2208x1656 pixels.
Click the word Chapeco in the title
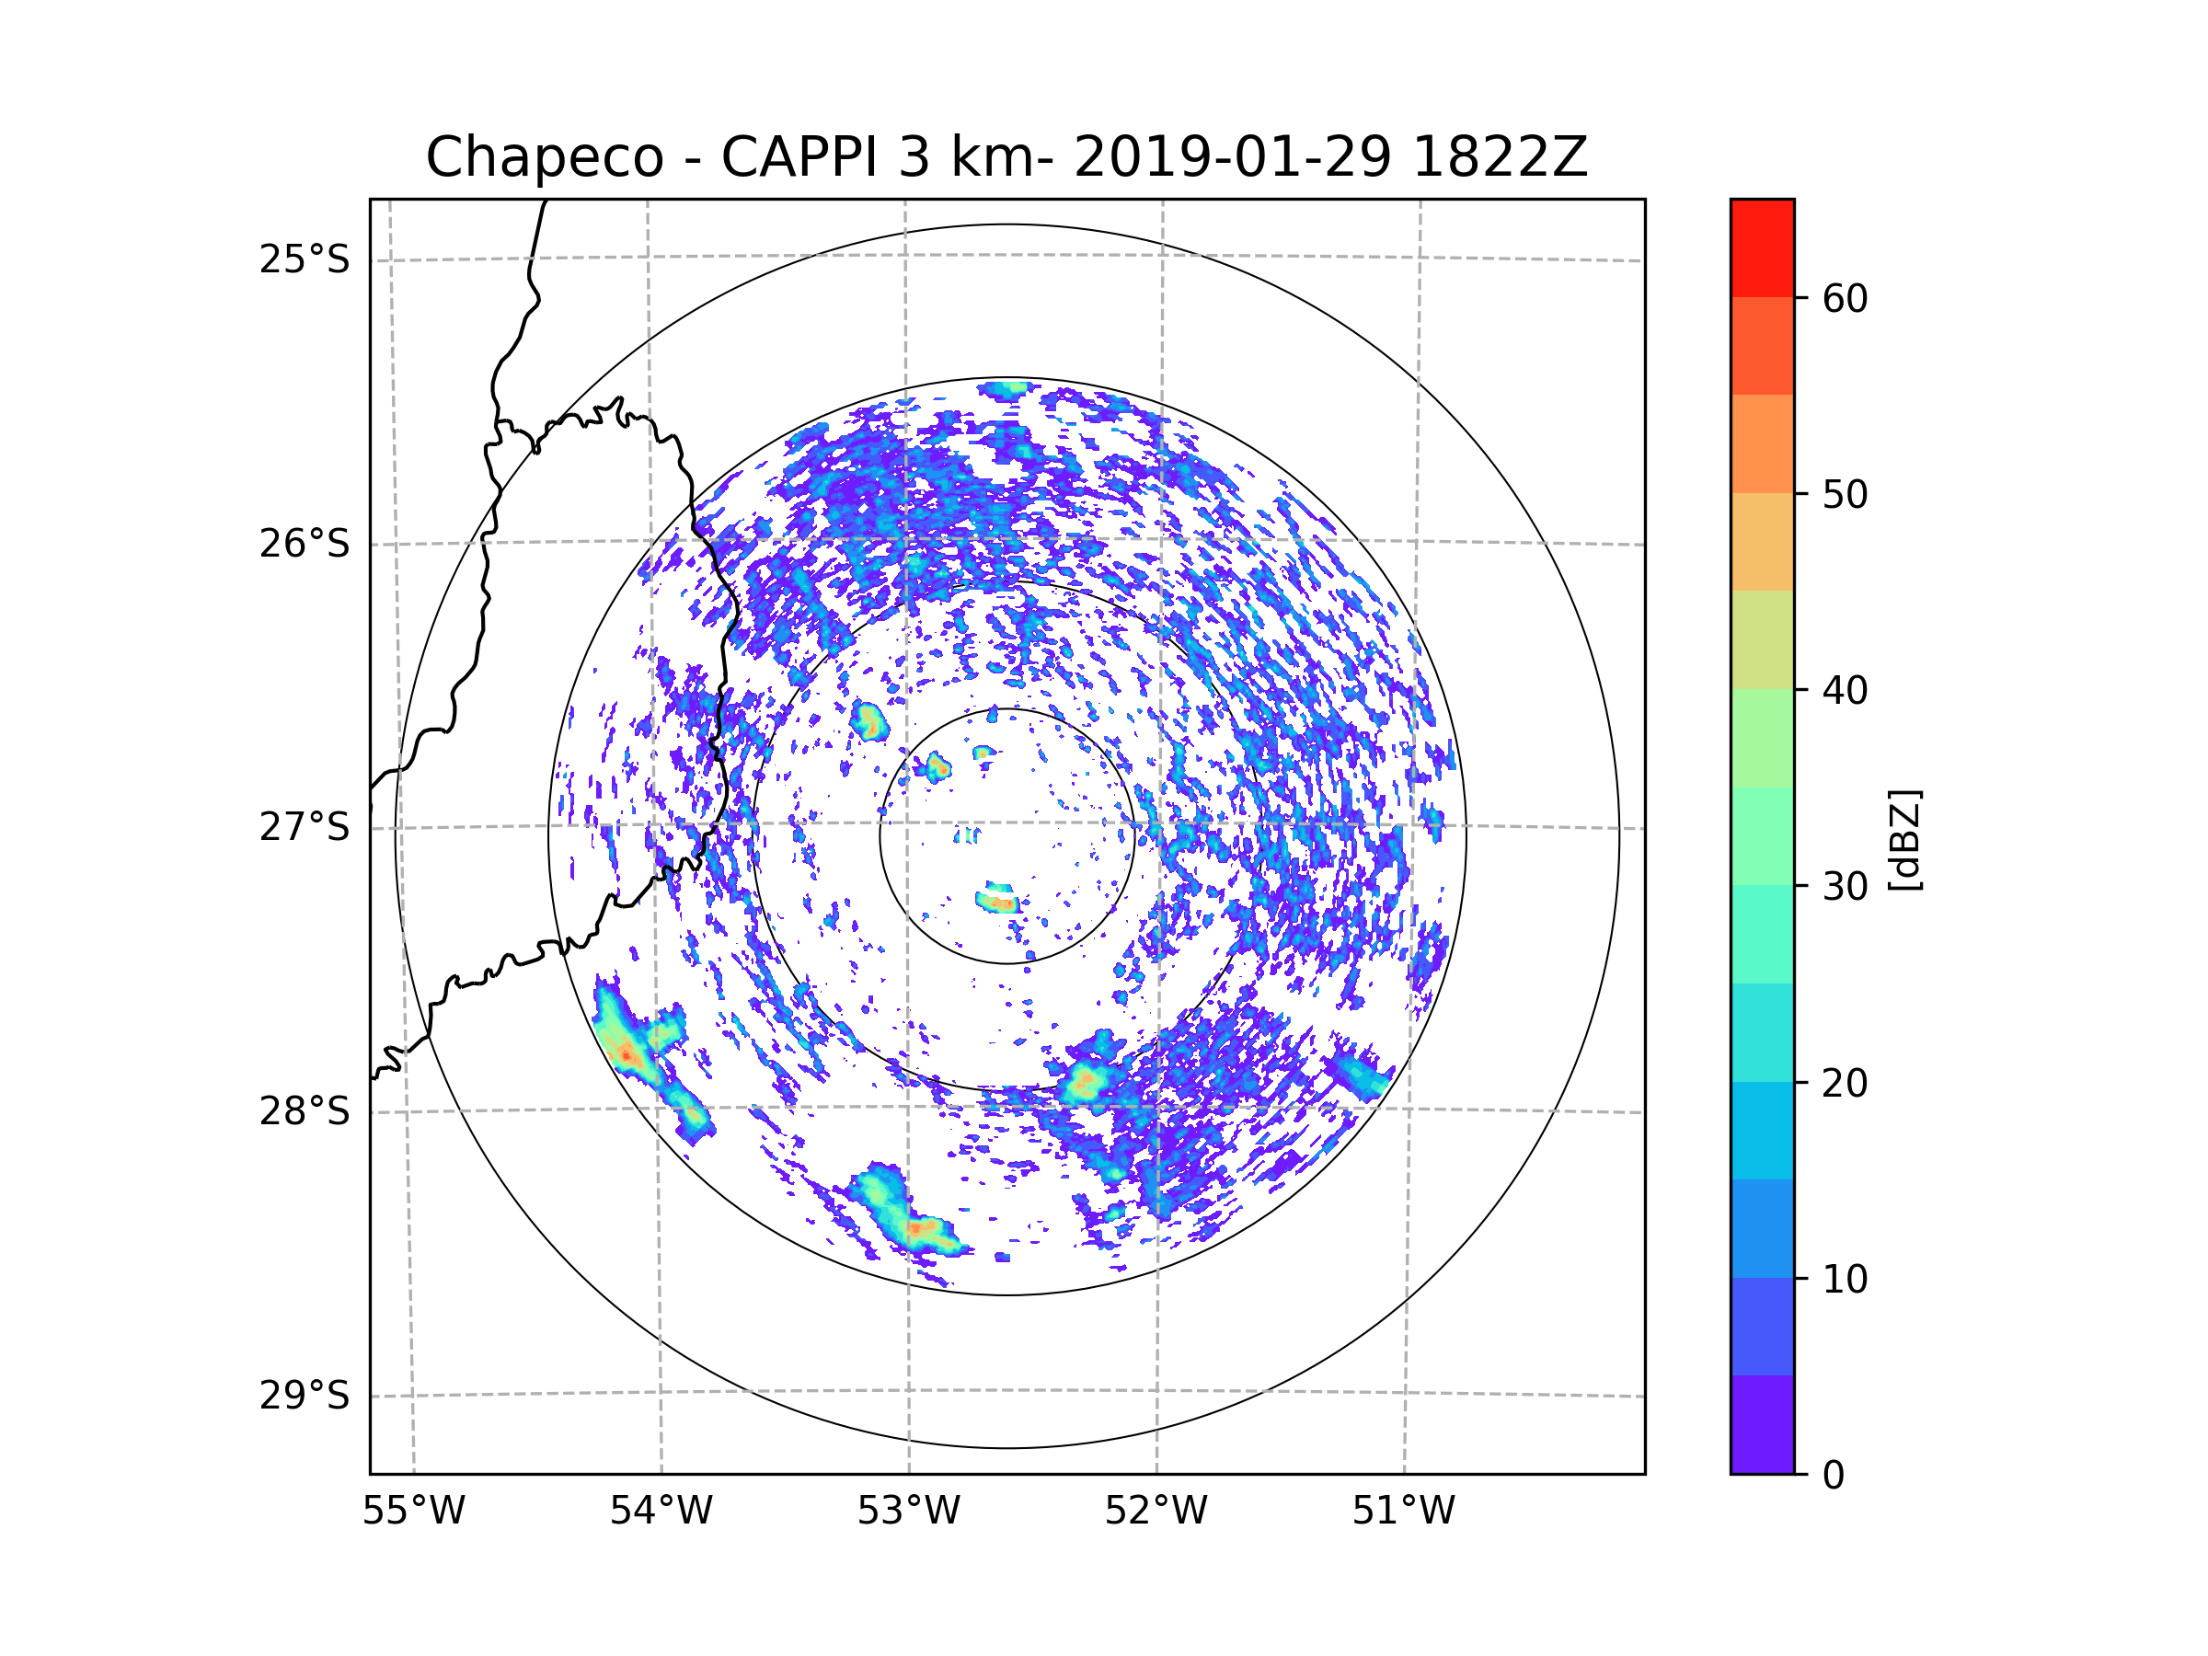(x=544, y=157)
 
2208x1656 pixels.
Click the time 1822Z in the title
(x=1500, y=157)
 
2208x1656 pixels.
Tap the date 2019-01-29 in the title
(x=1232, y=157)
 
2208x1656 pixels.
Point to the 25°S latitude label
(x=305, y=259)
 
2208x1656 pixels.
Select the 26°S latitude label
(x=305, y=544)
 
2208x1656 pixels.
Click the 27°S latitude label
(x=305, y=827)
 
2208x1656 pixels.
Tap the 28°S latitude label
(x=305, y=1111)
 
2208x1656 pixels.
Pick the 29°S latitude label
(x=305, y=1396)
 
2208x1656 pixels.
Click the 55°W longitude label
(x=413, y=1512)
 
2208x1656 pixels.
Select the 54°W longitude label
(x=661, y=1512)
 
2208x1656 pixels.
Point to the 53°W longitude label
(x=908, y=1512)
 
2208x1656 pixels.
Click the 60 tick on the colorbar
(x=1845, y=298)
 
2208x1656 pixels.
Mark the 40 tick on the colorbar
(x=1845, y=691)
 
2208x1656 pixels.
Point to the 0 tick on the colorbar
(x=1834, y=1476)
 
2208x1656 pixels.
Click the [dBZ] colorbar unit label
(x=1904, y=839)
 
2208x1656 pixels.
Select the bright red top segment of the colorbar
(x=1762, y=247)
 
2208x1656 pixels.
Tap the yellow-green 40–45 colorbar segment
(x=1762, y=639)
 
